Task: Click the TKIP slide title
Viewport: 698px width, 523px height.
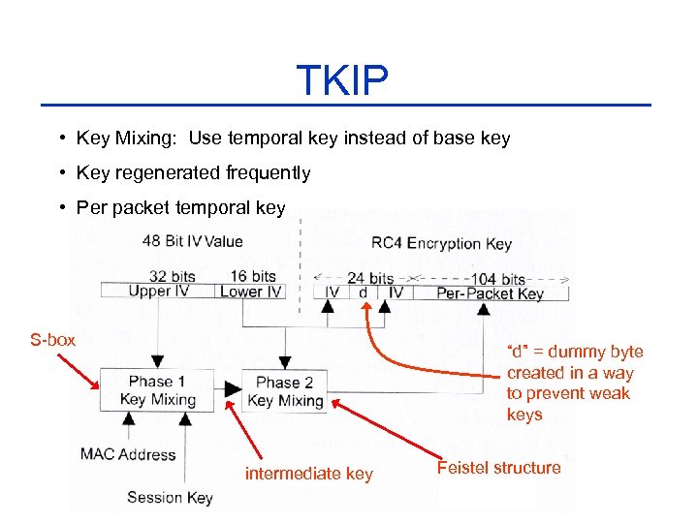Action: click(x=342, y=81)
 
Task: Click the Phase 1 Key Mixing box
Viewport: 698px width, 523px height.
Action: click(x=157, y=390)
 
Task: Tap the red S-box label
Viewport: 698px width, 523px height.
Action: click(x=52, y=340)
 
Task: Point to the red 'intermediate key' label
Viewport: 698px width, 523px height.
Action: click(x=308, y=474)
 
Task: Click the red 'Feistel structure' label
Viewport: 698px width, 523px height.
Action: click(x=498, y=468)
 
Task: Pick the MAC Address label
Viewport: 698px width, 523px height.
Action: click(x=128, y=453)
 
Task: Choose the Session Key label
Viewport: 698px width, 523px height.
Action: click(x=170, y=497)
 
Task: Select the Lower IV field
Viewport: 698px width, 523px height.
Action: click(x=250, y=292)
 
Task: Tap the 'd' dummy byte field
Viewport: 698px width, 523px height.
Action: click(x=363, y=292)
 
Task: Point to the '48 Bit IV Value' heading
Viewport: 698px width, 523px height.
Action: click(x=192, y=240)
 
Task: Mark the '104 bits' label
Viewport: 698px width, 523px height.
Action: click(x=497, y=278)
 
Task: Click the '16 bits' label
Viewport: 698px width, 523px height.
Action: click(x=252, y=276)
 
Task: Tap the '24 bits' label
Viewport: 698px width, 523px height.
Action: click(x=369, y=278)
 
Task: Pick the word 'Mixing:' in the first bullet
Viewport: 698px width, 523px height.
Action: click(x=145, y=138)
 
